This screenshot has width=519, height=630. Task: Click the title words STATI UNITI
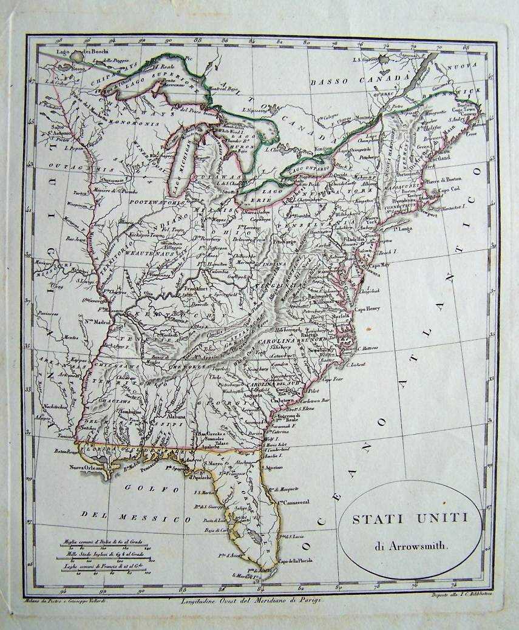point(410,520)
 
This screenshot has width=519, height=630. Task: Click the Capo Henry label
point(367,308)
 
